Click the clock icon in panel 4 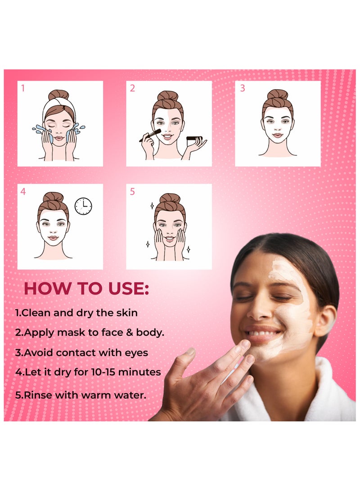[83, 206]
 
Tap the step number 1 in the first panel [23, 88]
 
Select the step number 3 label [242, 88]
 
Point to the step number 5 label [132, 192]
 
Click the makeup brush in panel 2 [151, 135]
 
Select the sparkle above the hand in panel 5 [152, 205]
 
